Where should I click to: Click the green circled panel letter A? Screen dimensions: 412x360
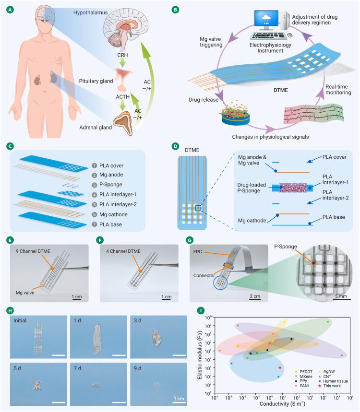click(8, 8)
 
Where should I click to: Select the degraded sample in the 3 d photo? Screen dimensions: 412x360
click(156, 337)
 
